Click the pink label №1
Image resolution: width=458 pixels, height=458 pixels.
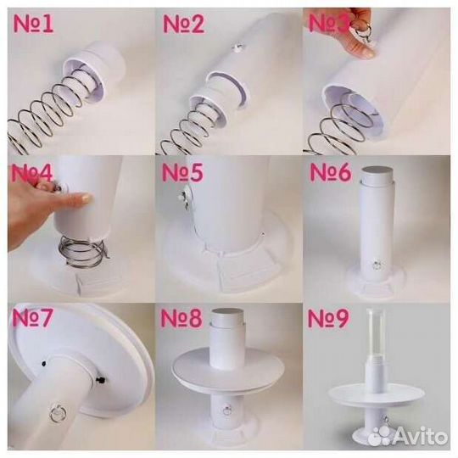(33, 24)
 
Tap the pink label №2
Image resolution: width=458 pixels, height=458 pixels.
(184, 24)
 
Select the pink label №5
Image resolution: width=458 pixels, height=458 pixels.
(182, 172)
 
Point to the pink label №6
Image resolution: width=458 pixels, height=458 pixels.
(331, 172)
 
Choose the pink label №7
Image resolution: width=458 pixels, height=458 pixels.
(32, 317)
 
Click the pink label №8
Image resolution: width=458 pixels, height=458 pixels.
(182, 318)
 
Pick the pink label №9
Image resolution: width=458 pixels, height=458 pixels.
(328, 318)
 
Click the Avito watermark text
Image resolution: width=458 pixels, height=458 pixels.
(420, 437)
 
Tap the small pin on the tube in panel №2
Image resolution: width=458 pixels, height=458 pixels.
(237, 47)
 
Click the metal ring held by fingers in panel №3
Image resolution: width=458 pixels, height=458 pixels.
(362, 31)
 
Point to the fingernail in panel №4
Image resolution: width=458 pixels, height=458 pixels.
(87, 199)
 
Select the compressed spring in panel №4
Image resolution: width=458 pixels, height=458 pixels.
(83, 252)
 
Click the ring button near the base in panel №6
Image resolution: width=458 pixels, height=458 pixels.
(377, 265)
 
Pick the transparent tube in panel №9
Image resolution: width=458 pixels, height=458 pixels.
(376, 334)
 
